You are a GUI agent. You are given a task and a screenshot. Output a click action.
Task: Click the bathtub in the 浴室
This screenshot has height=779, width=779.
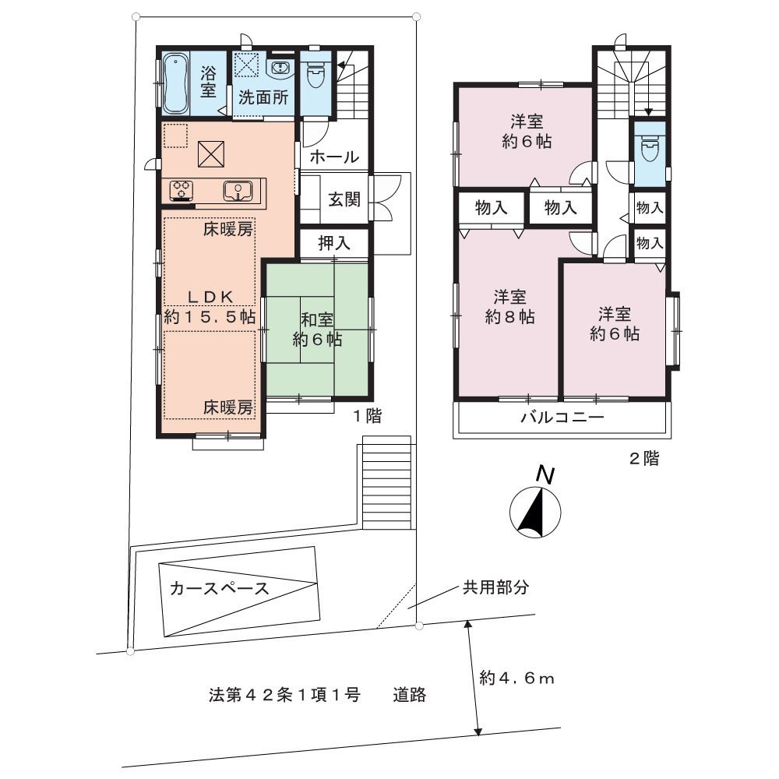(175, 83)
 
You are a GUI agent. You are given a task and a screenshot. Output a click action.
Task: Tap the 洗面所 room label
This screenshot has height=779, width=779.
(263, 97)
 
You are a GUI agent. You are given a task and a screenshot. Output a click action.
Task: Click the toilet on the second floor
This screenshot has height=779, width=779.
(650, 149)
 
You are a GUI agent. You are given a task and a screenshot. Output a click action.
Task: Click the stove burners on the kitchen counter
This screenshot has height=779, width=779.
(182, 190)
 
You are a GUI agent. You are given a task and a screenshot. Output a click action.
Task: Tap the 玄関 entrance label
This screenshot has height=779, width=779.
(344, 199)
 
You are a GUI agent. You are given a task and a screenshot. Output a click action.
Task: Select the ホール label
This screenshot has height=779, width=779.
(334, 157)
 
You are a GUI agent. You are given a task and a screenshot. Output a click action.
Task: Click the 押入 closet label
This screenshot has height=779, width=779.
(334, 243)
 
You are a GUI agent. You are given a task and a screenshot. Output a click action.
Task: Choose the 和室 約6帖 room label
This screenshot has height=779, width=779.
(317, 330)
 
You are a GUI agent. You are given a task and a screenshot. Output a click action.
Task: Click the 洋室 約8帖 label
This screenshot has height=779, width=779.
(509, 307)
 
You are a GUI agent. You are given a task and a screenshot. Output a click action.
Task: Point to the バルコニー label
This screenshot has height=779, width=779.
(562, 417)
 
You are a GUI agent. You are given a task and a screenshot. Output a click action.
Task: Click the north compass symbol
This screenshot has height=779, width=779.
(536, 513)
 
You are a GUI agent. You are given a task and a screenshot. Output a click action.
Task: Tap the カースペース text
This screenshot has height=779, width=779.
(219, 589)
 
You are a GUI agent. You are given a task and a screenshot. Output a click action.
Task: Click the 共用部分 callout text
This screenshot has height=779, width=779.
(495, 587)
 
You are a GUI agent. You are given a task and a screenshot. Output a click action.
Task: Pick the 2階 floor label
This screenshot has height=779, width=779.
(644, 459)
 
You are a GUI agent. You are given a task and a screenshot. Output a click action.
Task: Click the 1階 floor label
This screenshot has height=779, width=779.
(367, 416)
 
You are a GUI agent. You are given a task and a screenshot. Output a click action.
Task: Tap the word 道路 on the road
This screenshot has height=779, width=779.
(410, 695)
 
